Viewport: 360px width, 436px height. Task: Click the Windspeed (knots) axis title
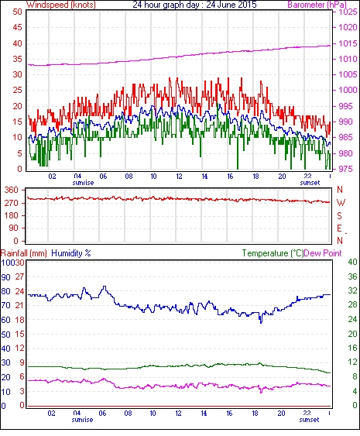tap(61, 5)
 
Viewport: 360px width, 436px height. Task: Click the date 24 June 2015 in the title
tap(231, 5)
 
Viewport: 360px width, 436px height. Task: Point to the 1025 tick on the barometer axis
tap(348, 12)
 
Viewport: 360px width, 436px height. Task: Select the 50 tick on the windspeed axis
tap(18, 12)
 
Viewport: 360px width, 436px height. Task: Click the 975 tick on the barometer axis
tap(345, 169)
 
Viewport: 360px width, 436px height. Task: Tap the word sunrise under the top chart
tap(83, 183)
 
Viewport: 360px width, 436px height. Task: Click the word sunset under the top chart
tap(310, 183)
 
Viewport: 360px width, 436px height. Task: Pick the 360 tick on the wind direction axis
tap(12, 191)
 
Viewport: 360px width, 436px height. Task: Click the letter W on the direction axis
tap(341, 203)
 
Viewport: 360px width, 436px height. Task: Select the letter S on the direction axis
tap(339, 215)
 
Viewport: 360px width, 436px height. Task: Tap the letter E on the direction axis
tap(339, 228)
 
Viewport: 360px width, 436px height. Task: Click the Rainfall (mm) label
tap(24, 253)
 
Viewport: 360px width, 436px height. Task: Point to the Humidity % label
tap(71, 253)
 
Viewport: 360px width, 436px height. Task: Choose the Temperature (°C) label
tap(273, 253)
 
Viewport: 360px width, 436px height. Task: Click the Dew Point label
tap(323, 253)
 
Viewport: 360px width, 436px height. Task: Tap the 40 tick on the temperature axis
tap(352, 263)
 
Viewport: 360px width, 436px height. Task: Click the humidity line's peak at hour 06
tap(105, 286)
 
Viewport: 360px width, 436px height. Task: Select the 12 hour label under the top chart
tap(179, 177)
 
